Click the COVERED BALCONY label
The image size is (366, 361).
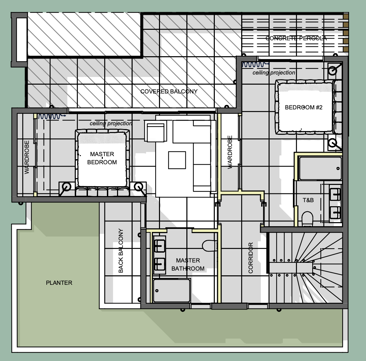click(169, 91)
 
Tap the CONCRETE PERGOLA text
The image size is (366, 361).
click(296, 38)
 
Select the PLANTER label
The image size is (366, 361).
click(59, 283)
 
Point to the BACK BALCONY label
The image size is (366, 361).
click(121, 251)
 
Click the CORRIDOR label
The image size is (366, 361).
click(251, 258)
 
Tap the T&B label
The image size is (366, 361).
click(308, 200)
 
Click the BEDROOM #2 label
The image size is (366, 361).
click(304, 107)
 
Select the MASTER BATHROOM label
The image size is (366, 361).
click(188, 264)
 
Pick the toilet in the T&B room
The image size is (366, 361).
click(307, 219)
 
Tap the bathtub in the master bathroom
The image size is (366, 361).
click(171, 291)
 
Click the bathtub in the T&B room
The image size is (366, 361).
click(320, 168)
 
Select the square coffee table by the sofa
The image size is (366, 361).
click(177, 160)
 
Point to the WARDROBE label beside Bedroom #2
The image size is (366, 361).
click(230, 152)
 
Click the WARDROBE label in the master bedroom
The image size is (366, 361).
click(27, 157)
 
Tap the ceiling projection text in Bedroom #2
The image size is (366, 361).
click(274, 73)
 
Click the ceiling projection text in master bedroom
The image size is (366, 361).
click(111, 123)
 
